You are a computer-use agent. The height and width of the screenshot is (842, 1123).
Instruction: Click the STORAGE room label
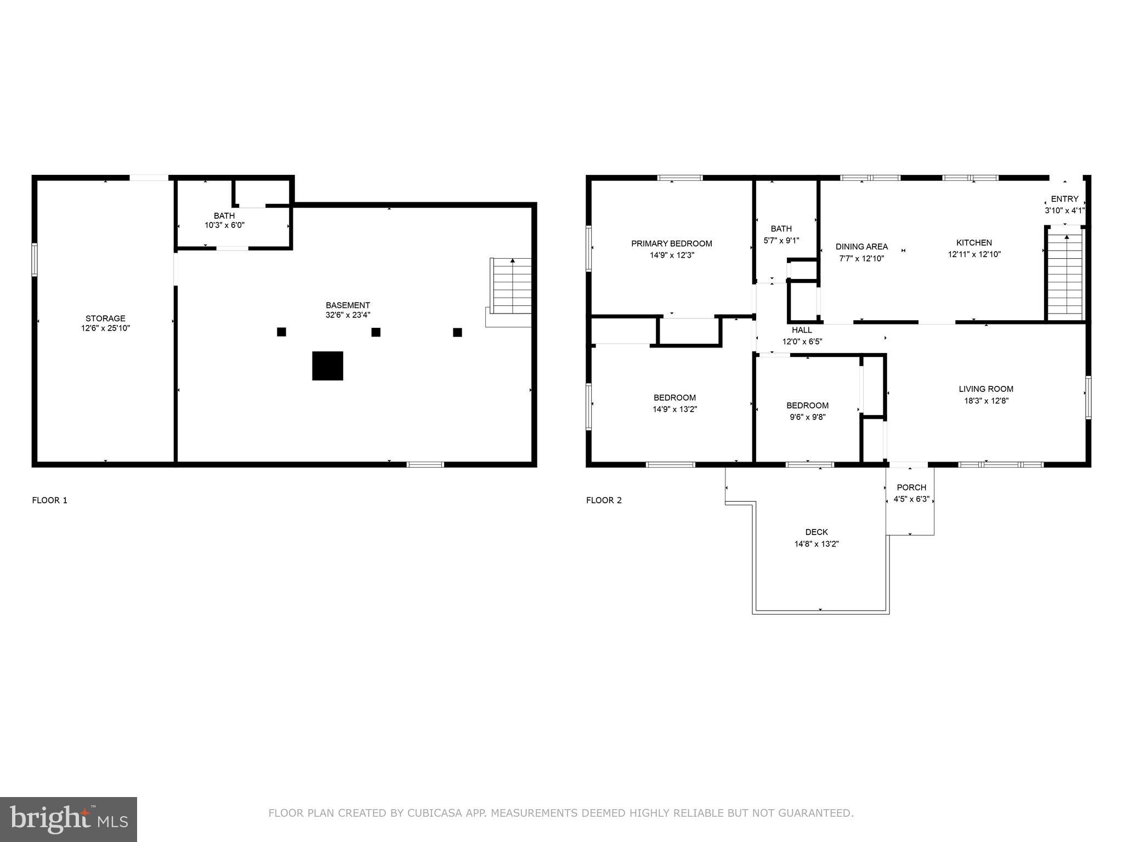tap(105, 318)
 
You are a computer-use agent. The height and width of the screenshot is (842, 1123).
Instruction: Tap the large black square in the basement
tap(327, 366)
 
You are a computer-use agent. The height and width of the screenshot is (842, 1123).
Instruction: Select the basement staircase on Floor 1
tap(511, 286)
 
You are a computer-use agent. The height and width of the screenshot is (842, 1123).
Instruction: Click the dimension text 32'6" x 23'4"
tap(348, 315)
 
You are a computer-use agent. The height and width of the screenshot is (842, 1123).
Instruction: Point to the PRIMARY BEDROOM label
tap(671, 244)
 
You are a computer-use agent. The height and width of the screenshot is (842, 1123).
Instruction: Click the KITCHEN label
tap(974, 243)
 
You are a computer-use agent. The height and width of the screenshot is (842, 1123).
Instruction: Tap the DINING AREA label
tap(861, 247)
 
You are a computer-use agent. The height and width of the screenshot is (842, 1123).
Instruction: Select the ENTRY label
tap(1064, 199)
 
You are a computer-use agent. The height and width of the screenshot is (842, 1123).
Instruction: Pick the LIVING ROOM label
tap(986, 389)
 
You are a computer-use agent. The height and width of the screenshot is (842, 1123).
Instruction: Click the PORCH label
tap(911, 487)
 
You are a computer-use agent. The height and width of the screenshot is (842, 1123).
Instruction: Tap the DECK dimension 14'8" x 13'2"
tap(816, 544)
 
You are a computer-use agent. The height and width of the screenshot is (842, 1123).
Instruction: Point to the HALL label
tap(802, 330)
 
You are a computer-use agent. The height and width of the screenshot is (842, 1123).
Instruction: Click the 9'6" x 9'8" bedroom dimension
tap(807, 417)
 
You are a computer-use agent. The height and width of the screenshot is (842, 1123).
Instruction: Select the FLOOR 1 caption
tap(50, 500)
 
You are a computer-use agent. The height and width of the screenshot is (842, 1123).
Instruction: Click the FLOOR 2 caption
tap(604, 500)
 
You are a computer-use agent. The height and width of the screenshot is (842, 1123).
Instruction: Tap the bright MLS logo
tap(69, 819)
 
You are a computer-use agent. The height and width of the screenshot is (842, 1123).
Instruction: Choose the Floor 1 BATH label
tap(224, 216)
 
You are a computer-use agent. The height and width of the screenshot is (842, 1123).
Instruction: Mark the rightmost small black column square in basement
tap(457, 332)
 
